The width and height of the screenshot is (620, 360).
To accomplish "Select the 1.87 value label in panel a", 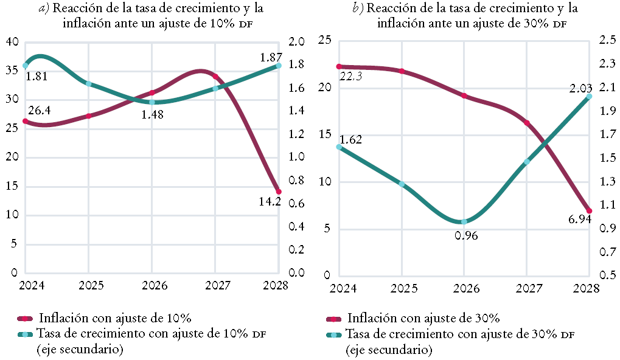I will click(271, 57).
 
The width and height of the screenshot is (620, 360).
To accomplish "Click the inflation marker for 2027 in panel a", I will click(215, 77).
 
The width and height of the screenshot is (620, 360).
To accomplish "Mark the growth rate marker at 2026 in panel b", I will click(464, 222).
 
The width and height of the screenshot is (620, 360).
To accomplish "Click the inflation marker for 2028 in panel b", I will click(589, 211).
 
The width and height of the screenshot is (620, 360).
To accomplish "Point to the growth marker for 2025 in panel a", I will click(89, 84).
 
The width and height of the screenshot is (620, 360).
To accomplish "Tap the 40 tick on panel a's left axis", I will click(12, 42).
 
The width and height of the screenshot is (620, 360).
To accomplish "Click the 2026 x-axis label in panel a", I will click(152, 286).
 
